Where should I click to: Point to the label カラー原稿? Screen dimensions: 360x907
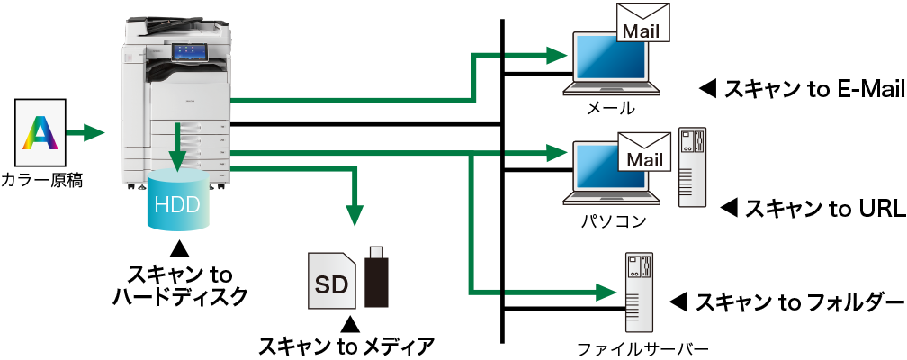(x=42, y=180)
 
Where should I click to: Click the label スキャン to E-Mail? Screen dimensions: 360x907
(x=799, y=88)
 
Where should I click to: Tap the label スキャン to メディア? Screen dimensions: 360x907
(x=346, y=345)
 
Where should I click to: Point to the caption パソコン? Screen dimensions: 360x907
(x=611, y=219)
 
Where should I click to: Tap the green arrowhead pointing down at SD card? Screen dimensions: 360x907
(x=356, y=214)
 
